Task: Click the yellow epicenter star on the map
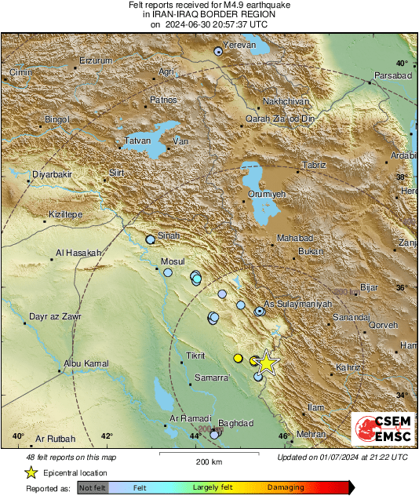(x=267, y=362)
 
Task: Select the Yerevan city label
(x=241, y=46)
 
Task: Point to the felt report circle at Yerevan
(x=218, y=51)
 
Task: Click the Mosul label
(x=172, y=261)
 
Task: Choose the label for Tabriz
(x=314, y=166)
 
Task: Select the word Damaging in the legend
(x=286, y=487)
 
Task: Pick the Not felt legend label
(x=93, y=487)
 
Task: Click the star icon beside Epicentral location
(x=31, y=472)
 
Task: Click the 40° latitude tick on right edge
(x=401, y=63)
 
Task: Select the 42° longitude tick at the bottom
(x=107, y=436)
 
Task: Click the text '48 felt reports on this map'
(x=71, y=457)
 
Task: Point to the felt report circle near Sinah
(x=151, y=239)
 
